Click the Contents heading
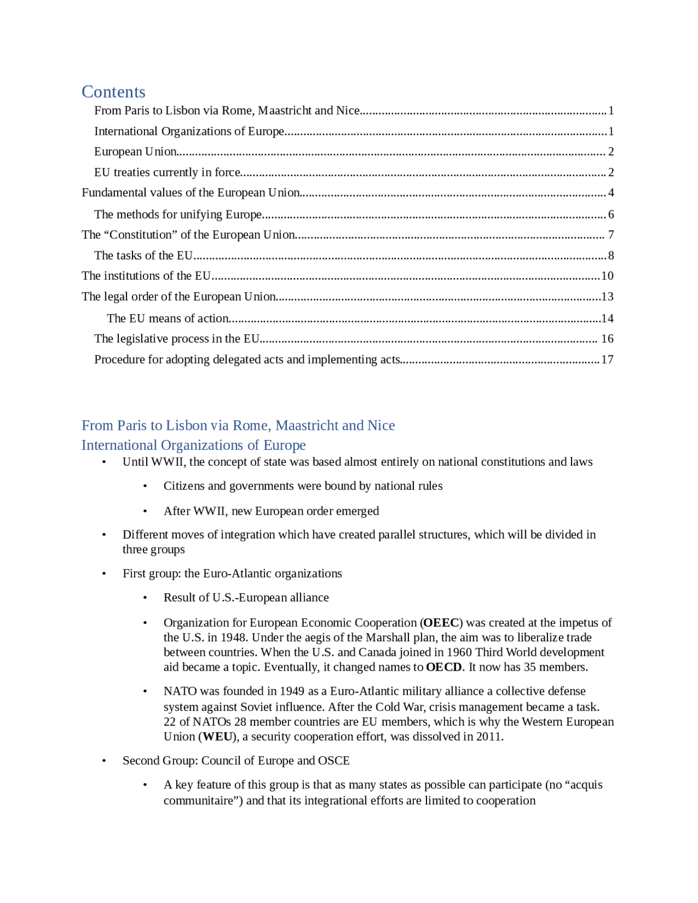click(113, 92)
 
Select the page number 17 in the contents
click(607, 360)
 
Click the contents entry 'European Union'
click(135, 152)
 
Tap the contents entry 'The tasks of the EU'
click(143, 256)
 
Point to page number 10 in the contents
click(607, 276)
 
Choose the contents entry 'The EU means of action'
click(167, 318)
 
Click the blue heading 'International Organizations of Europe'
click(194, 446)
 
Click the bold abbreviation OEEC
click(441, 623)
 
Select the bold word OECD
click(444, 667)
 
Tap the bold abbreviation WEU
click(218, 737)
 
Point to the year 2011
click(489, 737)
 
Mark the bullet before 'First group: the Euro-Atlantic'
click(104, 574)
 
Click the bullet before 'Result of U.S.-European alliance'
click(145, 598)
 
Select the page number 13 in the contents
click(607, 297)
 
